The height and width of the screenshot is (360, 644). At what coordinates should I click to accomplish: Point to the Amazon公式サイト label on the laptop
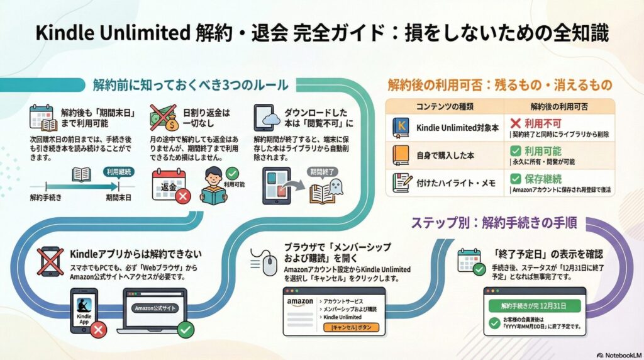pos(155,308)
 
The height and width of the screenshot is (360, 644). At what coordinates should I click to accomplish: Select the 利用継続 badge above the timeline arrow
pos(118,171)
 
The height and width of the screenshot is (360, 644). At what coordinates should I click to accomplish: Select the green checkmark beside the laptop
pos(185,329)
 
